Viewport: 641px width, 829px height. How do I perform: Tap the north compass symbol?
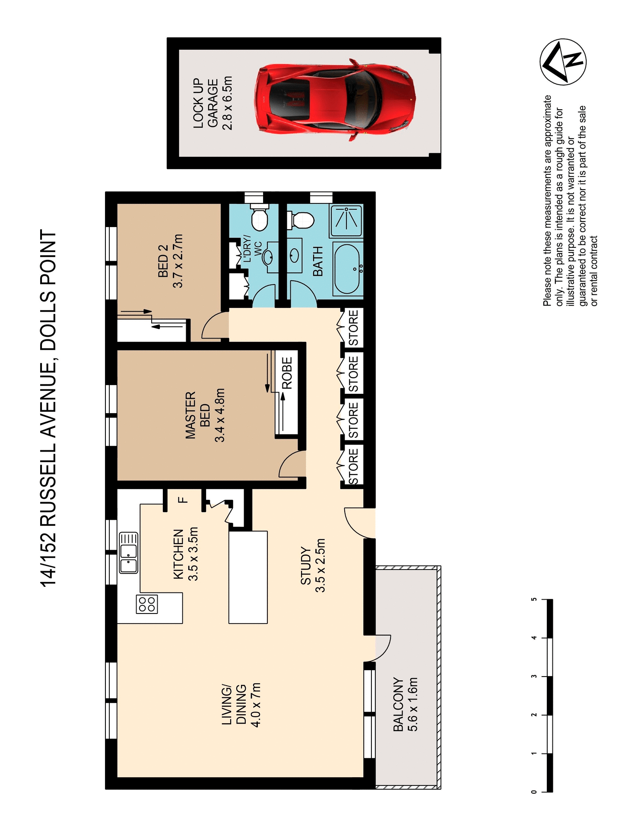pos(563,62)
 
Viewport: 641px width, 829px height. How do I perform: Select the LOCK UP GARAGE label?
pos(212,104)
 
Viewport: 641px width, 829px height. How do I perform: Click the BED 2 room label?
pos(170,261)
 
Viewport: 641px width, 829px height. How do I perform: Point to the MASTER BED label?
pos(205,415)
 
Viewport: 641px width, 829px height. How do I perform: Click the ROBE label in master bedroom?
pos(287,373)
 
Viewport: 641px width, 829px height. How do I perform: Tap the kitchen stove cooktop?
pos(147,604)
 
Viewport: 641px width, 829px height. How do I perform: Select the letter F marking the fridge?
pos(183,500)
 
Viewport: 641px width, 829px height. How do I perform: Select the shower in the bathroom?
pos(346,221)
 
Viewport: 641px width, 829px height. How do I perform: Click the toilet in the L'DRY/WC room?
pos(260,219)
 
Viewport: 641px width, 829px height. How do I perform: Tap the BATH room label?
pos(318,262)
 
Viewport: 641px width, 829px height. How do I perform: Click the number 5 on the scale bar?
pos(534,599)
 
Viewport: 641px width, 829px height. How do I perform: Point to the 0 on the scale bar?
pos(534,791)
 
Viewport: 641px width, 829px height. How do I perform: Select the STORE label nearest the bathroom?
pos(353,328)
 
